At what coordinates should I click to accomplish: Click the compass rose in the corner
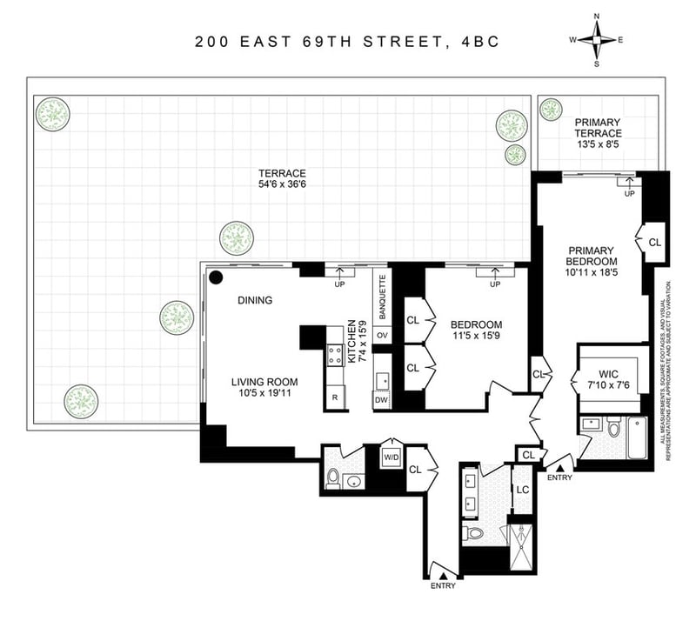point(597,40)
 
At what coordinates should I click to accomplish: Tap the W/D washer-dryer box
point(391,457)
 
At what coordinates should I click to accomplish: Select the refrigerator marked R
point(335,397)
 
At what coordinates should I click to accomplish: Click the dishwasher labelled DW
point(381,400)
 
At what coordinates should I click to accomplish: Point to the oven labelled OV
point(382,335)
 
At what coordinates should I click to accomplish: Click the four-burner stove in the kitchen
point(336,355)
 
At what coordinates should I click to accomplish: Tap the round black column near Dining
point(216,277)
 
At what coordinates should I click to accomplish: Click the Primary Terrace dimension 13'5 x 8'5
point(598,144)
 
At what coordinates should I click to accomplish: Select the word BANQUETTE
point(382,297)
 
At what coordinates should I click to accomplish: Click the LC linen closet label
point(523,490)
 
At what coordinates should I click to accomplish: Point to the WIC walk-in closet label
point(608,374)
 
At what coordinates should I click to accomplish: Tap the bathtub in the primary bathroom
point(638,438)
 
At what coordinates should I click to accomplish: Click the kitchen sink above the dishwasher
point(382,381)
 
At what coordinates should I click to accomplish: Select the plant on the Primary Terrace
point(551,110)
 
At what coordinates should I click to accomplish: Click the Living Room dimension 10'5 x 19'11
point(264,393)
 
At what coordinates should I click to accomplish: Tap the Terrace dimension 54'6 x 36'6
point(282,184)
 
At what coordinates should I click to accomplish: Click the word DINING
point(255,301)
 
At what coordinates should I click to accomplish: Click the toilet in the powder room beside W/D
point(332,478)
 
